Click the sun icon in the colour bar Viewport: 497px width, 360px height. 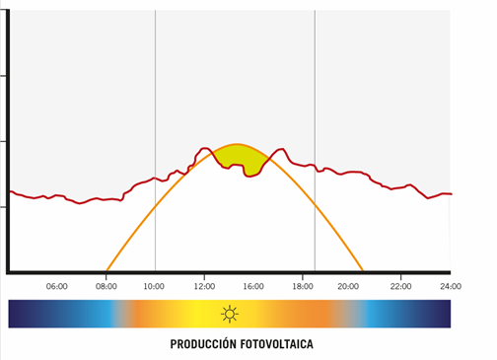click(x=230, y=315)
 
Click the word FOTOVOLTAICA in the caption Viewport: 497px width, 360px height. click(x=276, y=346)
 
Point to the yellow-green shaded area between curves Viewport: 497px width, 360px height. click(x=237, y=157)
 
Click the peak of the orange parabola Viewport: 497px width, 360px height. click(x=236, y=145)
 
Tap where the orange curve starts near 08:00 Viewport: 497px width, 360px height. click(x=106, y=270)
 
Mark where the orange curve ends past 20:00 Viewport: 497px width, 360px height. click(x=362, y=270)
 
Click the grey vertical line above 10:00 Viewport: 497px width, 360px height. click(x=155, y=99)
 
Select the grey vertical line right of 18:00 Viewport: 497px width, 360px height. click(x=315, y=99)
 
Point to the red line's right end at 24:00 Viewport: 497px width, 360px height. click(x=450, y=194)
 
